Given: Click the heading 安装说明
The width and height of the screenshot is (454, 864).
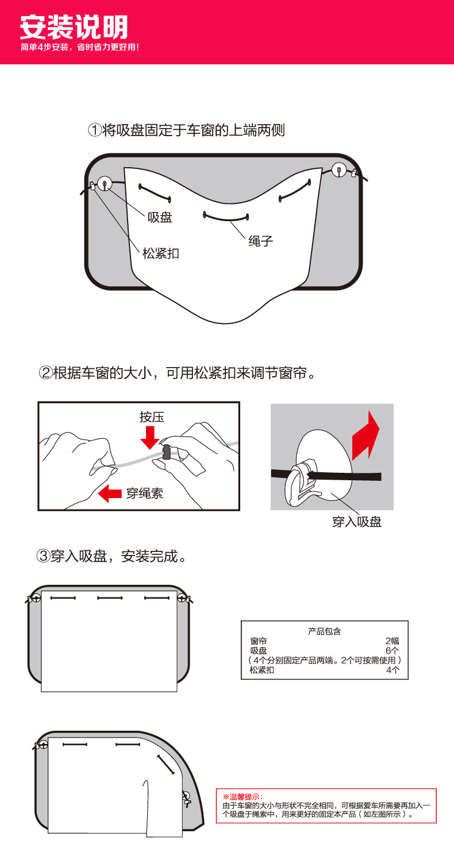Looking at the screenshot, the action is click(x=74, y=27).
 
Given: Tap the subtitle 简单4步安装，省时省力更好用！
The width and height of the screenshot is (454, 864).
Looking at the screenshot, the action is click(x=80, y=47).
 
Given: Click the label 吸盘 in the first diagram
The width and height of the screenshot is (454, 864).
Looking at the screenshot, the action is click(x=160, y=217).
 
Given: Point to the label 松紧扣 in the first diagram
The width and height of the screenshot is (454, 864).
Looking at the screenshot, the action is click(x=161, y=253).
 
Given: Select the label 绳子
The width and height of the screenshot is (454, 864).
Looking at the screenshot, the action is click(x=260, y=241).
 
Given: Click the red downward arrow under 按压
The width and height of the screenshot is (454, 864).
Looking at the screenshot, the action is click(x=151, y=437).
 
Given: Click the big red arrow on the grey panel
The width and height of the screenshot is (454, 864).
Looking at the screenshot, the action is click(x=365, y=435).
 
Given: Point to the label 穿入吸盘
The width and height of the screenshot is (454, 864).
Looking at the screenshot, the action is click(x=357, y=522).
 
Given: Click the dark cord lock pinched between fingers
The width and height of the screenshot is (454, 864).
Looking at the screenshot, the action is click(x=167, y=452).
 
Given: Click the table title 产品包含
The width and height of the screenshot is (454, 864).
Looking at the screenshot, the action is click(x=324, y=631).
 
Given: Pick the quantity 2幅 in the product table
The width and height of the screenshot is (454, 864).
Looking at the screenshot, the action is click(x=392, y=641).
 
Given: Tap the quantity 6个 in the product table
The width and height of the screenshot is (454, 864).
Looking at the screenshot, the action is click(x=392, y=651).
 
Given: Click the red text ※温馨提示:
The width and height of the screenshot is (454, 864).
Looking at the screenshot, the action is click(x=243, y=797).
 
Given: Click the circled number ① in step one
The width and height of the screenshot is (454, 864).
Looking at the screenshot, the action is click(x=95, y=130).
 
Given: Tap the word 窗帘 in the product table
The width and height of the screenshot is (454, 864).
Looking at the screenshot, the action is click(x=259, y=641).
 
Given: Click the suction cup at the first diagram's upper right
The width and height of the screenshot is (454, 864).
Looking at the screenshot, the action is click(x=339, y=169).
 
